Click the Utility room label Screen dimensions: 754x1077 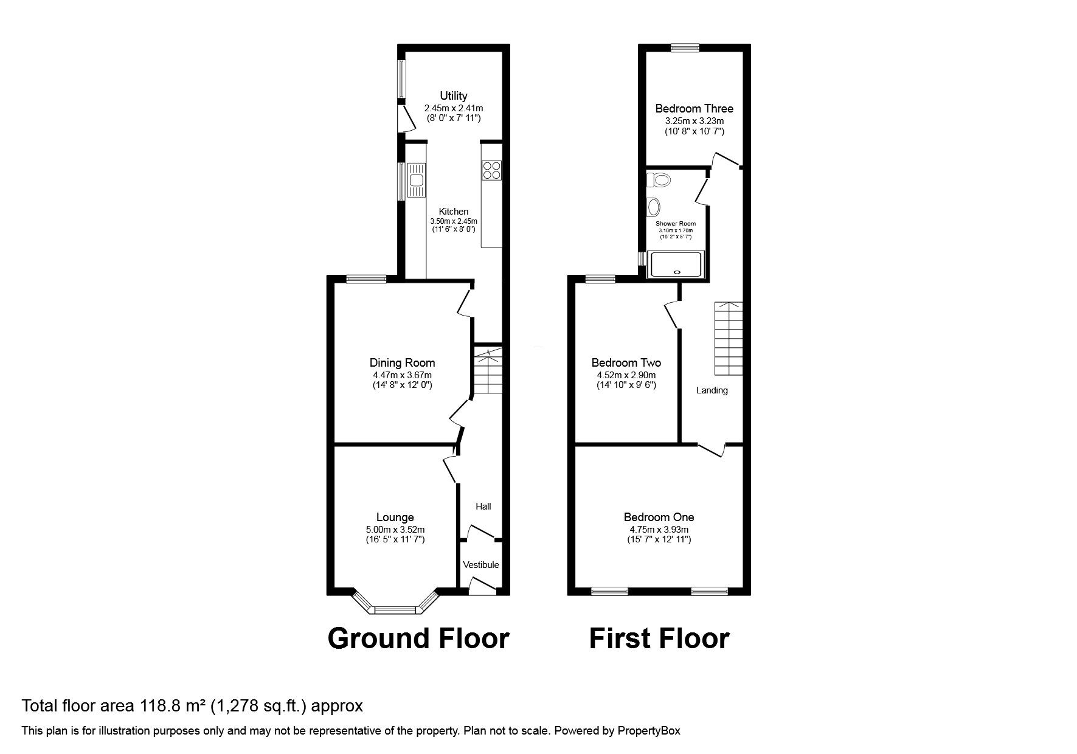point(454,95)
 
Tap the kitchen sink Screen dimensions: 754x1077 point(417,180)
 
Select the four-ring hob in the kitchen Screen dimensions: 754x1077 point(491,170)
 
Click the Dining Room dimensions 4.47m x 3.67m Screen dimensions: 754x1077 point(402,375)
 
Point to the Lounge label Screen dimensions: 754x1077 point(395,517)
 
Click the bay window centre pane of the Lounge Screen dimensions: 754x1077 point(395,609)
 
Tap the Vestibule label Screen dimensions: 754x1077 point(480,565)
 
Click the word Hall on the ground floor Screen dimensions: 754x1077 point(483,507)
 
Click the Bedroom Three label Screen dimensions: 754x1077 point(694,109)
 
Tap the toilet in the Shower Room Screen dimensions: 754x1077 point(659,179)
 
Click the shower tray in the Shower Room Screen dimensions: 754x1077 point(675,265)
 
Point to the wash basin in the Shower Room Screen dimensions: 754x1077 point(654,207)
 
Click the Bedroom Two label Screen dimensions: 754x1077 point(626,363)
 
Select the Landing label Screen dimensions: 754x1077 point(712,390)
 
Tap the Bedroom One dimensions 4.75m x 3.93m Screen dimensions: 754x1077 point(659,529)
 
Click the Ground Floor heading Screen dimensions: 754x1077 point(418,638)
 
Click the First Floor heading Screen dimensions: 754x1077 point(659,638)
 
